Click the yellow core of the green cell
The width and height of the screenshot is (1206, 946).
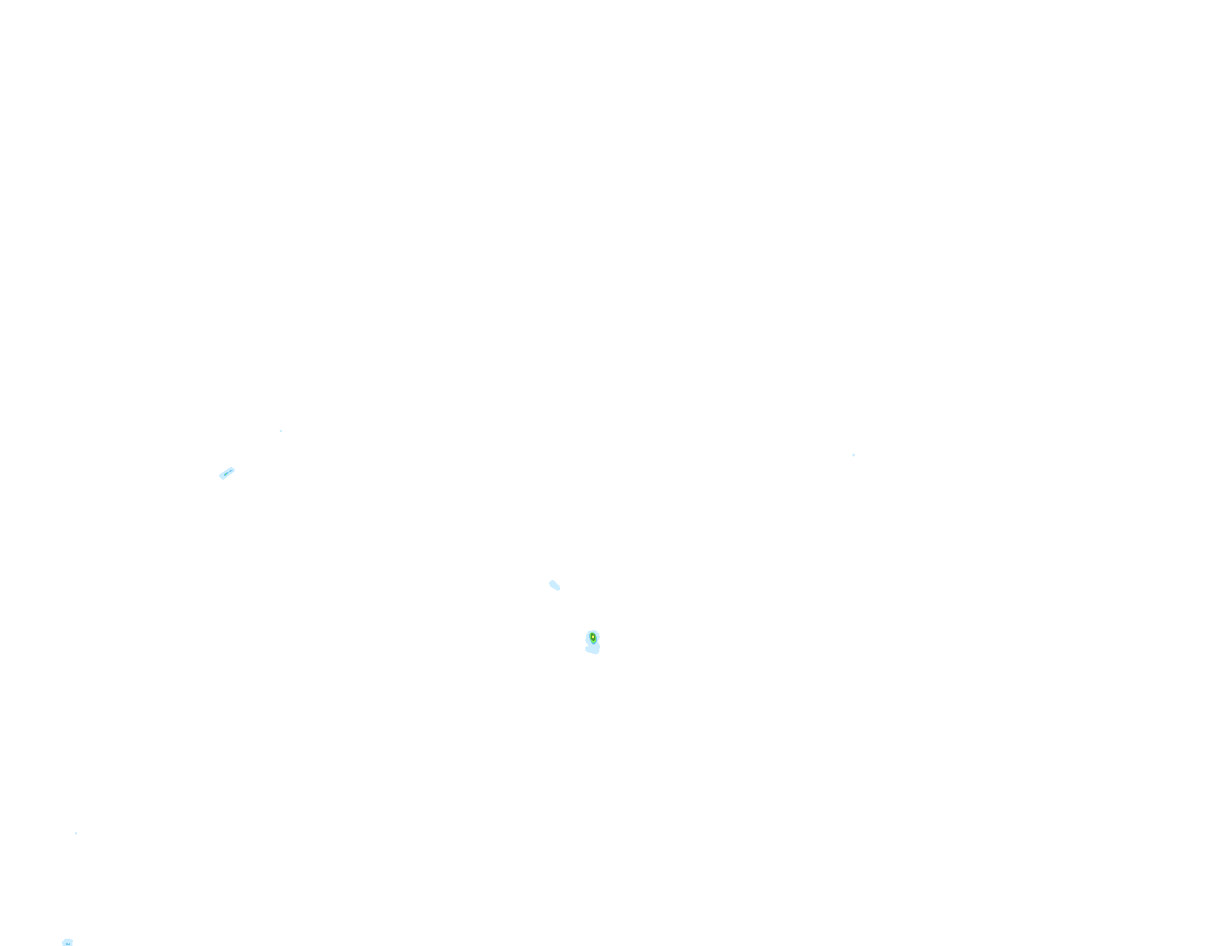click(593, 637)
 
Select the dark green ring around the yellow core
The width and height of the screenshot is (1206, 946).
click(593, 640)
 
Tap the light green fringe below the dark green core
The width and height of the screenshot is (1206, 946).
click(593, 642)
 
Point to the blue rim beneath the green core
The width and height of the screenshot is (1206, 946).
click(593, 644)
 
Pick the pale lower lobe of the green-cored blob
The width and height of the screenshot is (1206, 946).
click(593, 649)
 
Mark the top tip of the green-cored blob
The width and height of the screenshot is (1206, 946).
click(594, 630)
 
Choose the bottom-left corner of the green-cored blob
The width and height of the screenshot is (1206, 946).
click(586, 650)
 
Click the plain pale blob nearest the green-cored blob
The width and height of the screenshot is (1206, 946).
click(554, 585)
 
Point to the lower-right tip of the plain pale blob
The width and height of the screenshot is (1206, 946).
click(559, 589)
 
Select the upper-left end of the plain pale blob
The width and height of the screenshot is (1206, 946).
click(550, 583)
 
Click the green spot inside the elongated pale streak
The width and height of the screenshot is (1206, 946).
click(226, 474)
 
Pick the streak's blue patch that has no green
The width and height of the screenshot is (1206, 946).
click(231, 471)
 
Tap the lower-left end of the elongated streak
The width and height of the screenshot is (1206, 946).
click(221, 477)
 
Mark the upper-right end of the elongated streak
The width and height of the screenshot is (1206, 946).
click(233, 469)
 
